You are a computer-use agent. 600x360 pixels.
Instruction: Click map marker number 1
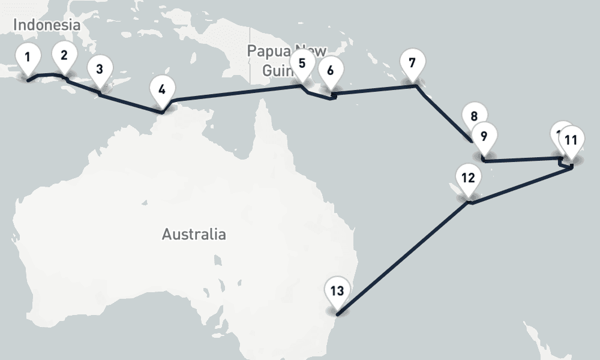tap(27, 59)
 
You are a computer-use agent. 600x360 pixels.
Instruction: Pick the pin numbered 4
tap(161, 91)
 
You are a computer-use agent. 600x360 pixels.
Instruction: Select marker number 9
tap(484, 136)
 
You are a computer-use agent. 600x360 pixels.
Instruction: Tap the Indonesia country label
tap(46, 25)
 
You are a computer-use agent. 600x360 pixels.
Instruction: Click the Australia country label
tap(194, 234)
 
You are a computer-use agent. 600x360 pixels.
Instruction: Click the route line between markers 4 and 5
tap(234, 93)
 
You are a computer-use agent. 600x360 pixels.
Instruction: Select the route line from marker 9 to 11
tap(522, 160)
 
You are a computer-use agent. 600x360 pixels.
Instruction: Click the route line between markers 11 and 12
tap(522, 186)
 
